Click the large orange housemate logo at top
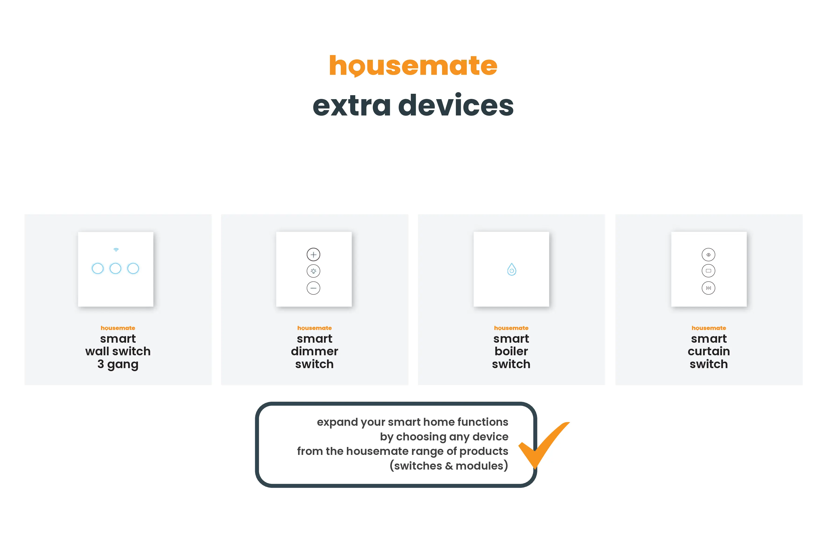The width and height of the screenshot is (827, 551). pyautogui.click(x=413, y=66)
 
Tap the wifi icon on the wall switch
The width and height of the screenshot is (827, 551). pyautogui.click(x=116, y=250)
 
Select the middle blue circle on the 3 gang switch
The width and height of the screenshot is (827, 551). pyautogui.click(x=115, y=269)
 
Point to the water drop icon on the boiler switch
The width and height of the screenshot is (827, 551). pyautogui.click(x=512, y=269)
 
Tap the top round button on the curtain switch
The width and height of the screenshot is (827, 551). pyautogui.click(x=708, y=255)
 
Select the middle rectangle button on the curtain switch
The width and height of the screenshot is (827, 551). pyautogui.click(x=708, y=271)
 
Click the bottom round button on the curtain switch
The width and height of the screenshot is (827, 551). pyautogui.click(x=708, y=288)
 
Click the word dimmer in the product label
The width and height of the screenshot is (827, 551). pyautogui.click(x=314, y=351)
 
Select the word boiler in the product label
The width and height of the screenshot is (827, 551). pyautogui.click(x=511, y=351)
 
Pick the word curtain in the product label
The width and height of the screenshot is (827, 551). pyautogui.click(x=709, y=351)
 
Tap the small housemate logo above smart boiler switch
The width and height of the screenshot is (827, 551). pyautogui.click(x=511, y=328)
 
